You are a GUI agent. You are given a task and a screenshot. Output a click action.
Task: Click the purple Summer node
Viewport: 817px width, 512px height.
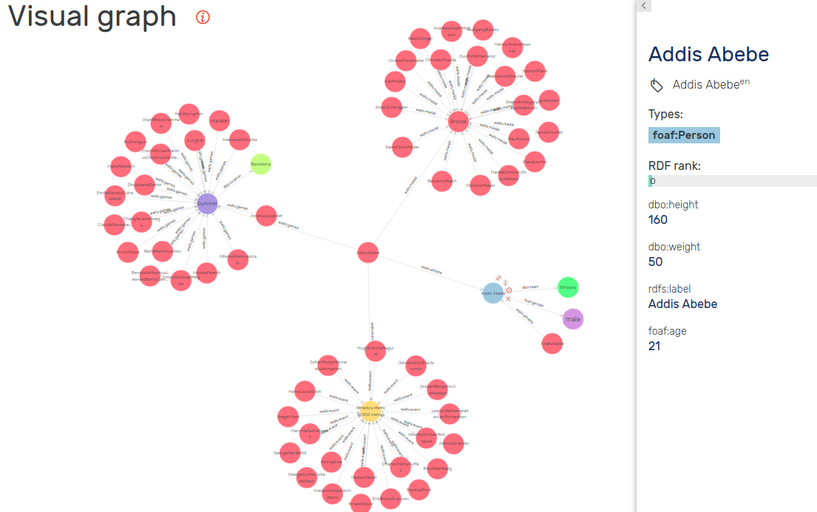coord(207,203)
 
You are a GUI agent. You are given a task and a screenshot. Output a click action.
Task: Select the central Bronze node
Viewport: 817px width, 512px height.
coord(459,121)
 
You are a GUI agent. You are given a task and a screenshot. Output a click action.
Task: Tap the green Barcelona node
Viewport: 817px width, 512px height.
coord(260,164)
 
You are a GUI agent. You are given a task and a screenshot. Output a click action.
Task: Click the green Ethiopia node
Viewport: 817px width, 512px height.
coord(568,287)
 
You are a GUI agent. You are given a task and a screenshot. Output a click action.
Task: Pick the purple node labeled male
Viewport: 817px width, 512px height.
coord(572,319)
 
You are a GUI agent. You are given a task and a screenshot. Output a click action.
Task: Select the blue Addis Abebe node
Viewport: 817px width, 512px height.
coord(493,293)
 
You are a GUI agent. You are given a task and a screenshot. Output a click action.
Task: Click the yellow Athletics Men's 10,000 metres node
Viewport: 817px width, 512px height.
coord(370,411)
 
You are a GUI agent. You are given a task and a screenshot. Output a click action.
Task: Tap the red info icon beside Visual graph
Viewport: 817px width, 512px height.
coord(203,18)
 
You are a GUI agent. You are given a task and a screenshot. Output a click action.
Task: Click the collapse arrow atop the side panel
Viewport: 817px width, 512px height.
coord(644,6)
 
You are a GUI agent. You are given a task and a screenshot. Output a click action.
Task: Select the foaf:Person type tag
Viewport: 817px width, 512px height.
coord(684,135)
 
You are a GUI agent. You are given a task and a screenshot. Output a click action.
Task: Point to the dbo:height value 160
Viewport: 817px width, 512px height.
coord(658,219)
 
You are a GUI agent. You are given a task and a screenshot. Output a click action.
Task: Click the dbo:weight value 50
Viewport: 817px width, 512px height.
coord(656,262)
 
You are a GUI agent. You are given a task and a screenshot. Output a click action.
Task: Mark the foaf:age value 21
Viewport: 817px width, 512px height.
coord(654,345)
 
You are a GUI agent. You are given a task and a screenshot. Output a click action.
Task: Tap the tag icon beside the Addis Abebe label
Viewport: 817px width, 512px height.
coord(657,86)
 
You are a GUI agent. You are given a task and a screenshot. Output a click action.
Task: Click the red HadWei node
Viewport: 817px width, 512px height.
coord(220,120)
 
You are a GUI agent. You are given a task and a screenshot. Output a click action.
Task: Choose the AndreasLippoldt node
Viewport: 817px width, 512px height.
coord(265,216)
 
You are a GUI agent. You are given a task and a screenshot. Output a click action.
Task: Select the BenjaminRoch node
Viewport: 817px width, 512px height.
coord(442,181)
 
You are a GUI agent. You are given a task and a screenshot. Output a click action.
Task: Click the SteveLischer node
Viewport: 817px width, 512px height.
coord(534,161)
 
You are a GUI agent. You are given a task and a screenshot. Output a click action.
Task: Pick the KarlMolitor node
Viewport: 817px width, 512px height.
coord(396,81)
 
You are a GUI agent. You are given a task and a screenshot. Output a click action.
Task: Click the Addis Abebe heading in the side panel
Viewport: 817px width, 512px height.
coord(708,54)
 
